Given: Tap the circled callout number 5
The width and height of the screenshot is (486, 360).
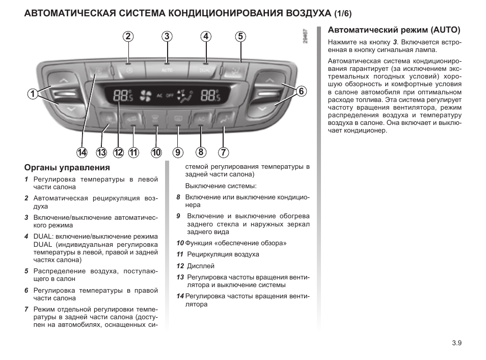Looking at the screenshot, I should [x=240, y=36].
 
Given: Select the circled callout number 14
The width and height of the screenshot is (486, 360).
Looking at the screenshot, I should [x=82, y=152].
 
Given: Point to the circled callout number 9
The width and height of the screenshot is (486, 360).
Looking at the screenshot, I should [x=178, y=152].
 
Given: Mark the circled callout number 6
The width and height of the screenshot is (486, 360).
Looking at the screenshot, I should [x=301, y=91].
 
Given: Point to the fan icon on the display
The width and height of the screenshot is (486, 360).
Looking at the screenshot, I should [x=146, y=94].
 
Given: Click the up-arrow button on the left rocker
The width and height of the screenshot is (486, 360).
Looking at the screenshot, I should [x=63, y=81].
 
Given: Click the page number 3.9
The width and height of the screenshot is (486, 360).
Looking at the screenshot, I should [x=456, y=343].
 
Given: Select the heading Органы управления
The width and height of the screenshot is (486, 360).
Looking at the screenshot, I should [x=67, y=168].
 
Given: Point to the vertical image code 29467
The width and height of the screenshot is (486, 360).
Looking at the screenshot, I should [x=305, y=39].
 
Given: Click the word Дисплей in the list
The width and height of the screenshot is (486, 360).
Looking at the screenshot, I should [x=201, y=266].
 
